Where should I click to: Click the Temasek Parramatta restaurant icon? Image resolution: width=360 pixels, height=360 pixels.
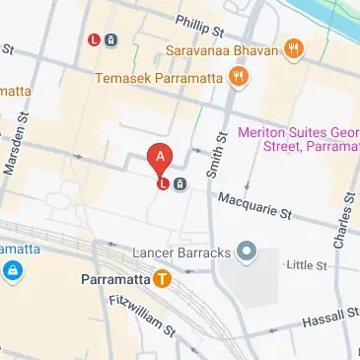point(237,76)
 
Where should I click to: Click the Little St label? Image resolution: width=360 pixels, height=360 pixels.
point(304,264)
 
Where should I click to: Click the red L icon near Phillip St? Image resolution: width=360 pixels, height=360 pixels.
point(94,40)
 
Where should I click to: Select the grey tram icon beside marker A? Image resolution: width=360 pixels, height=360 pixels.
point(180,183)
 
